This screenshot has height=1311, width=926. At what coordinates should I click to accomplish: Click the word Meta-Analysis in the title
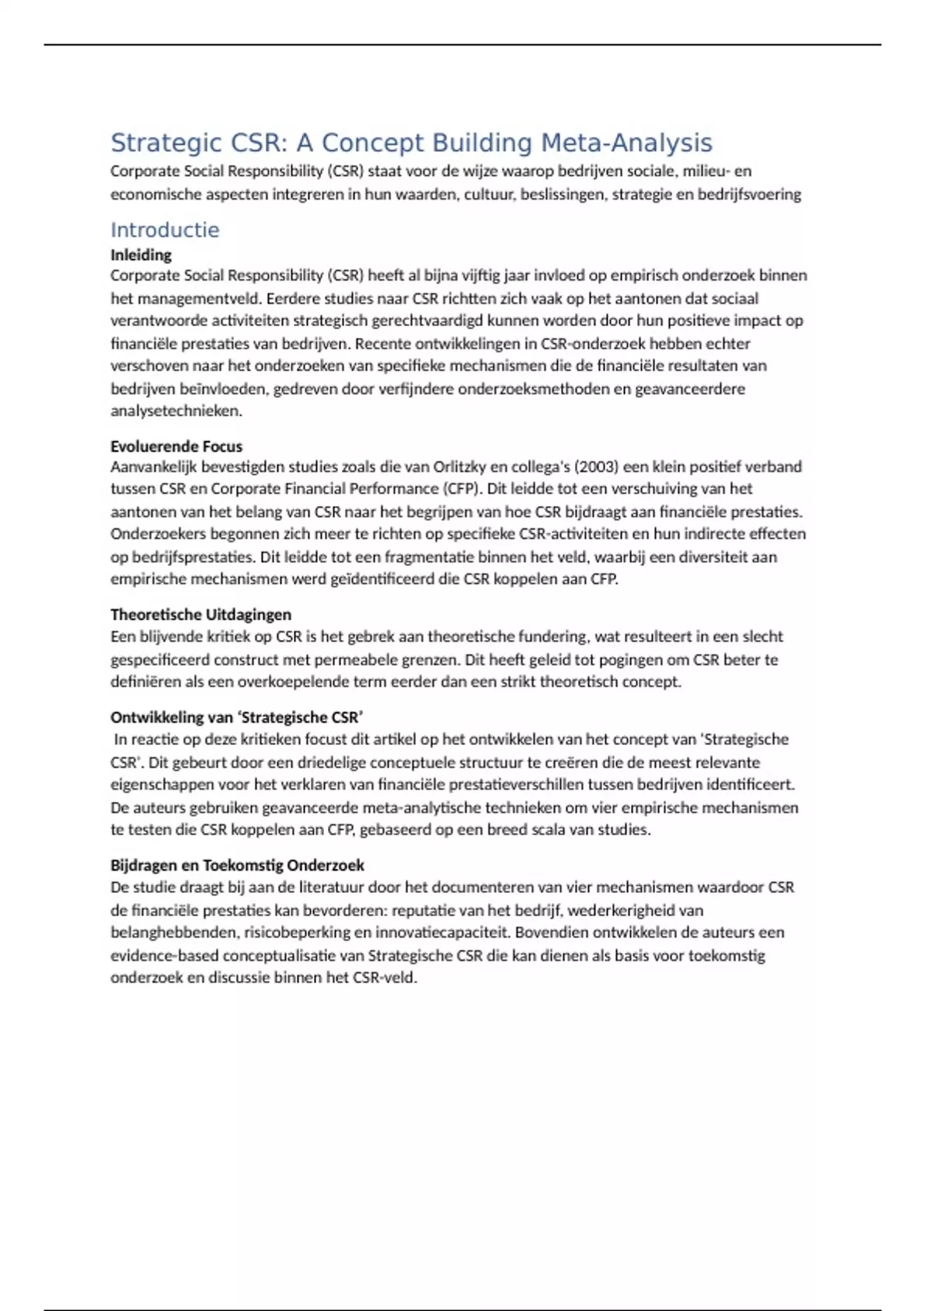click(626, 143)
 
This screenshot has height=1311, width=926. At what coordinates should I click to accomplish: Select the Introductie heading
click(164, 230)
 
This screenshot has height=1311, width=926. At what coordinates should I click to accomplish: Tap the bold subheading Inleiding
click(140, 255)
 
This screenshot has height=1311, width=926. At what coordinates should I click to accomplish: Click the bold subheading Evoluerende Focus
click(176, 447)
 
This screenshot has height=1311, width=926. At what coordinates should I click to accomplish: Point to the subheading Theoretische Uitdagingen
click(201, 615)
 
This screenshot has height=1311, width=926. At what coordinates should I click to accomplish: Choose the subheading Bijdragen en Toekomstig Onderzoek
click(237, 865)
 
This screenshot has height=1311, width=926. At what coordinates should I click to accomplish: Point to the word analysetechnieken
click(176, 411)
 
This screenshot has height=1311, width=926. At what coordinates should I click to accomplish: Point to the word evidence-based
click(164, 955)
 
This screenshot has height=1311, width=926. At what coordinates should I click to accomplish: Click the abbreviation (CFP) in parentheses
click(461, 489)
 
